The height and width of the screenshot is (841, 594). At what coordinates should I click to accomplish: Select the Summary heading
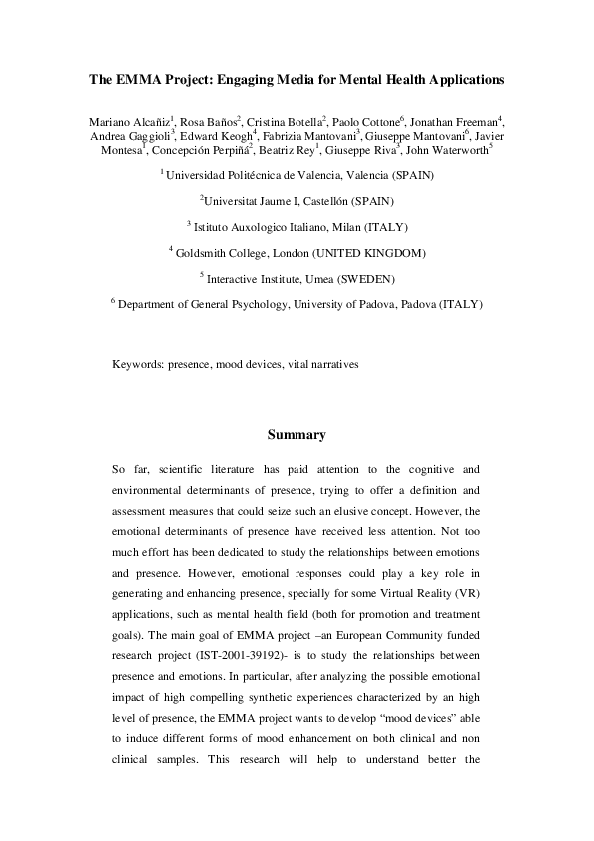(297, 435)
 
